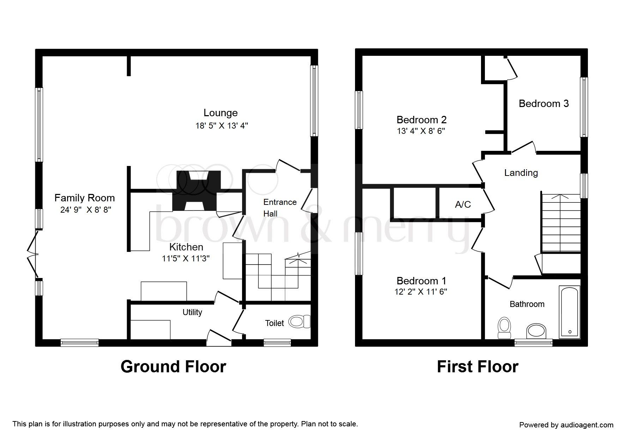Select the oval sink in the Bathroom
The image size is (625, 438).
536,331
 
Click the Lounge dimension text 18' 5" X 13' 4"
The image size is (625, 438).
222,126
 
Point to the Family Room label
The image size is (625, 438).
84,198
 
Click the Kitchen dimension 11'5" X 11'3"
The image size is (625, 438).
186,258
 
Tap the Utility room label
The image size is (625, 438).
192,312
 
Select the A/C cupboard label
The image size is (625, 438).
463,205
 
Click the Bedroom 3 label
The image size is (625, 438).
543,103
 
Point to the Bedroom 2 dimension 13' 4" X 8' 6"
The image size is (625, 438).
421,131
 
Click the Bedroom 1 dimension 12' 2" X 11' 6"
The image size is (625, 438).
421,292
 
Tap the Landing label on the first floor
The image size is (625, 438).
521,173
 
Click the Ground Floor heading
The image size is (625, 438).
173,367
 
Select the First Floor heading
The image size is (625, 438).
477,367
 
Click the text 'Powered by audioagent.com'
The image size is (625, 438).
566,425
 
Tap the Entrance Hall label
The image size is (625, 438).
280,208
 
